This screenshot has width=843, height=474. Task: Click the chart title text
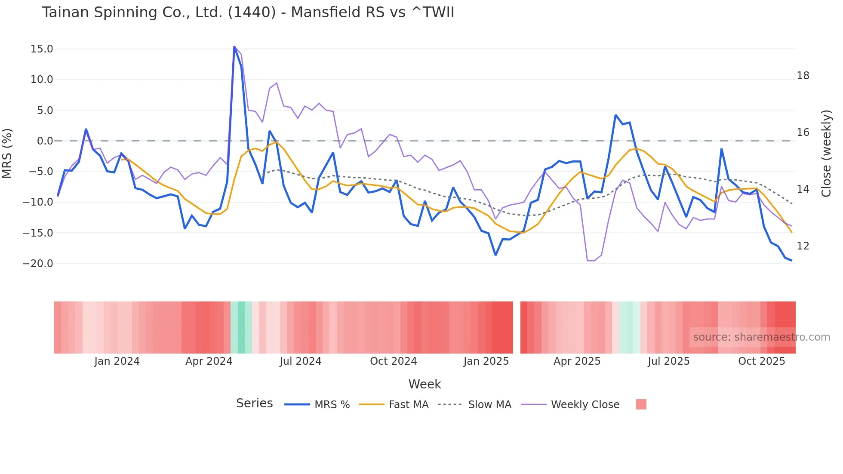tap(248, 12)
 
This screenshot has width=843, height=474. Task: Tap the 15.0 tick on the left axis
tap(42, 49)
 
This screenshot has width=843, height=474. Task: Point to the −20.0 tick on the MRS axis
tap(38, 264)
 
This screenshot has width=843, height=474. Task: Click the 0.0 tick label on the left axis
tap(45, 141)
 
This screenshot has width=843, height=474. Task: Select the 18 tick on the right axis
tap(803, 76)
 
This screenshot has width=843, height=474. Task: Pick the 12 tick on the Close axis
tap(803, 246)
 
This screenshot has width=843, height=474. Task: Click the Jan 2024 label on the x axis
tap(117, 361)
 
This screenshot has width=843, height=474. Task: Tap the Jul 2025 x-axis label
tap(668, 361)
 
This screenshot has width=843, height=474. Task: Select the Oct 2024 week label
tap(393, 361)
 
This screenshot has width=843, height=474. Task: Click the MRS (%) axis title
tap(7, 154)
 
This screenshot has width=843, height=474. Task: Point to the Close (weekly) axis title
tap(826, 154)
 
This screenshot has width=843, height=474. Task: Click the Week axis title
tap(425, 384)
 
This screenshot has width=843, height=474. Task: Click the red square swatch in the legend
tap(641, 404)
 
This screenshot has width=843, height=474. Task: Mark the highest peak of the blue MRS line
tap(234, 47)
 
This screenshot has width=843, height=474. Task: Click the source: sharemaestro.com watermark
tap(761, 337)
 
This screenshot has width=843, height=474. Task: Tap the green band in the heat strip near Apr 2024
tap(241, 327)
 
